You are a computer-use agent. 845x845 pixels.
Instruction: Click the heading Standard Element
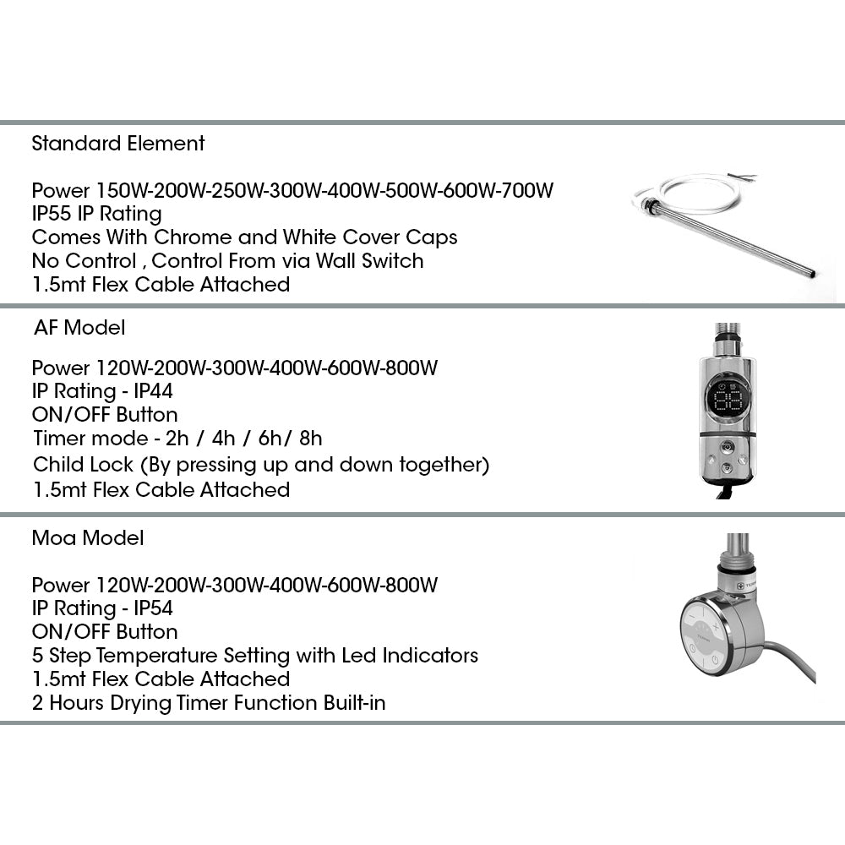117,144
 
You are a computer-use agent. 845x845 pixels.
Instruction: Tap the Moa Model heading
87,537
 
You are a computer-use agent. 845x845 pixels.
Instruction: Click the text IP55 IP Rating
95,213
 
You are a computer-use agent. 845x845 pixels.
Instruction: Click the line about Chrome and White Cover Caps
244,237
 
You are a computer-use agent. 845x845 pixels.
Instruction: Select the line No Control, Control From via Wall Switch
227,260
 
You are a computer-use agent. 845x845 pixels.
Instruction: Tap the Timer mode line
177,439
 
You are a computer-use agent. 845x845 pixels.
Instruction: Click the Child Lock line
261,465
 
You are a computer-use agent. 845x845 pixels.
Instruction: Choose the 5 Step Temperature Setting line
254,656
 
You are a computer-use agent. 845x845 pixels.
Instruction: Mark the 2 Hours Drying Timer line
208,703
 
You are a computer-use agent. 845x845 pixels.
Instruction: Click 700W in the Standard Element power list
528,190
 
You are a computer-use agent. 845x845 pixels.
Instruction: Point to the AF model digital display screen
727,400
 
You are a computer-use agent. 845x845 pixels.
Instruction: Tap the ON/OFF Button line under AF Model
105,415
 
